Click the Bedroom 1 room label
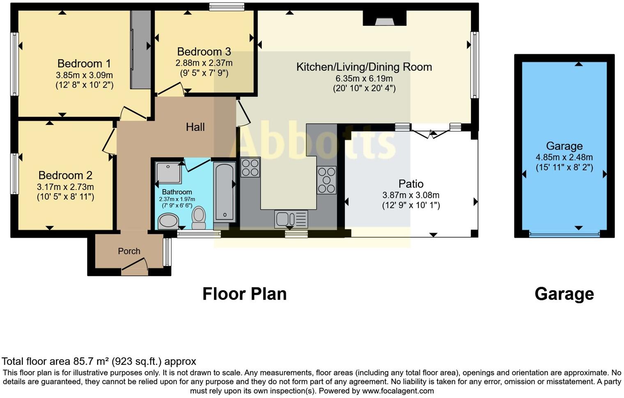[84, 64]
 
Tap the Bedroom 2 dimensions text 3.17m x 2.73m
[65, 187]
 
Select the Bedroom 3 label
[204, 52]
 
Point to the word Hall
[195, 127]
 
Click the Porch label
[129, 251]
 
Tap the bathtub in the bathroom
[225, 192]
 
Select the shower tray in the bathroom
[168, 173]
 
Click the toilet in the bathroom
[199, 217]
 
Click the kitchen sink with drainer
[291, 219]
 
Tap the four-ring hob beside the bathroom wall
[250, 168]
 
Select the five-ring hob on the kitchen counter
[326, 180]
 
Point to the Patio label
[411, 184]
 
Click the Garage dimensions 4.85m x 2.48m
[564, 157]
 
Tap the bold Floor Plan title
[244, 294]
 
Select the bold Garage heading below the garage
[564, 294]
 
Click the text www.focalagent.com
[398, 391]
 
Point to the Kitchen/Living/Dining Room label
[364, 67]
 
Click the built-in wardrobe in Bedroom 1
[141, 49]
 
